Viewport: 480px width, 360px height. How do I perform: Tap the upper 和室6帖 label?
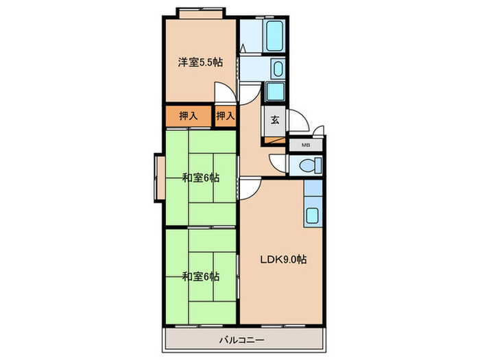[x=200, y=178]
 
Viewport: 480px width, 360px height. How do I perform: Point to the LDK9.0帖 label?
[x=282, y=260]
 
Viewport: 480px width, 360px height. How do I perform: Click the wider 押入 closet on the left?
[x=189, y=116]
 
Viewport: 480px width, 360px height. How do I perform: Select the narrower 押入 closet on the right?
[x=226, y=116]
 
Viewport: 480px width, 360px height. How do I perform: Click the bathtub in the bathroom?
[x=276, y=32]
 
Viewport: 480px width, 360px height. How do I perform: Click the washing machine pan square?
[x=276, y=92]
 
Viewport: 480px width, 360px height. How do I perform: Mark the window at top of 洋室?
[x=200, y=13]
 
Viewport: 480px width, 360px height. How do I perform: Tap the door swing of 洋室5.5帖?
[x=224, y=92]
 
